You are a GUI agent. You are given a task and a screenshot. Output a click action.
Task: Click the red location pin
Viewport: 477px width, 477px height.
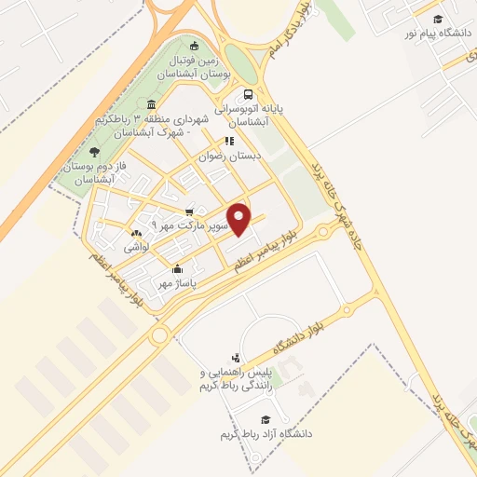tap(240, 220)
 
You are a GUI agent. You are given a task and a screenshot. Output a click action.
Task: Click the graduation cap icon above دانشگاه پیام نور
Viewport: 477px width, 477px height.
tap(436, 17)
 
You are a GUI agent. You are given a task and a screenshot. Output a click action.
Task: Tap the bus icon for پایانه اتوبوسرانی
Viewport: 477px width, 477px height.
tap(247, 94)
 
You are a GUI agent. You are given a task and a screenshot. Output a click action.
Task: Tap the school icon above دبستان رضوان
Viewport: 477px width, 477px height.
tap(227, 141)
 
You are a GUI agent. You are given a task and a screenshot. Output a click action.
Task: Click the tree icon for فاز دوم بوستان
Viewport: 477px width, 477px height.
tap(93, 151)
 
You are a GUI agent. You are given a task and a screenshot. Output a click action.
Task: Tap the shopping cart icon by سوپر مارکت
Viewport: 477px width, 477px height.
tap(189, 211)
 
